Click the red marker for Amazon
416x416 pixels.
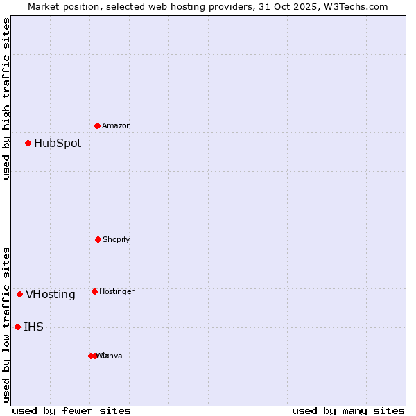click(97, 125)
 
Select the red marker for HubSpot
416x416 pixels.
click(28, 143)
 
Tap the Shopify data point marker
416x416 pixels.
click(98, 239)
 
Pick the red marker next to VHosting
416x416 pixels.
click(19, 294)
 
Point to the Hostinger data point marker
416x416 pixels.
click(94, 291)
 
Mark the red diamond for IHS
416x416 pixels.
click(17, 327)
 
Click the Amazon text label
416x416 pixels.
click(116, 125)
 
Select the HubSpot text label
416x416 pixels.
click(58, 144)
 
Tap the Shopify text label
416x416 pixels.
click(116, 239)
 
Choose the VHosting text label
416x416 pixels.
click(51, 295)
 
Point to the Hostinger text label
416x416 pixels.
click(116, 291)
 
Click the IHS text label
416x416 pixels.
click(33, 327)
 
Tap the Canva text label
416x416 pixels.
click(112, 356)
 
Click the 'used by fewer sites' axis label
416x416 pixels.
click(71, 410)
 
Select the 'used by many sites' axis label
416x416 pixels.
click(348, 410)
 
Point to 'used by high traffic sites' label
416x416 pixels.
click(6, 99)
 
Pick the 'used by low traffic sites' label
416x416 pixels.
click(6, 324)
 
